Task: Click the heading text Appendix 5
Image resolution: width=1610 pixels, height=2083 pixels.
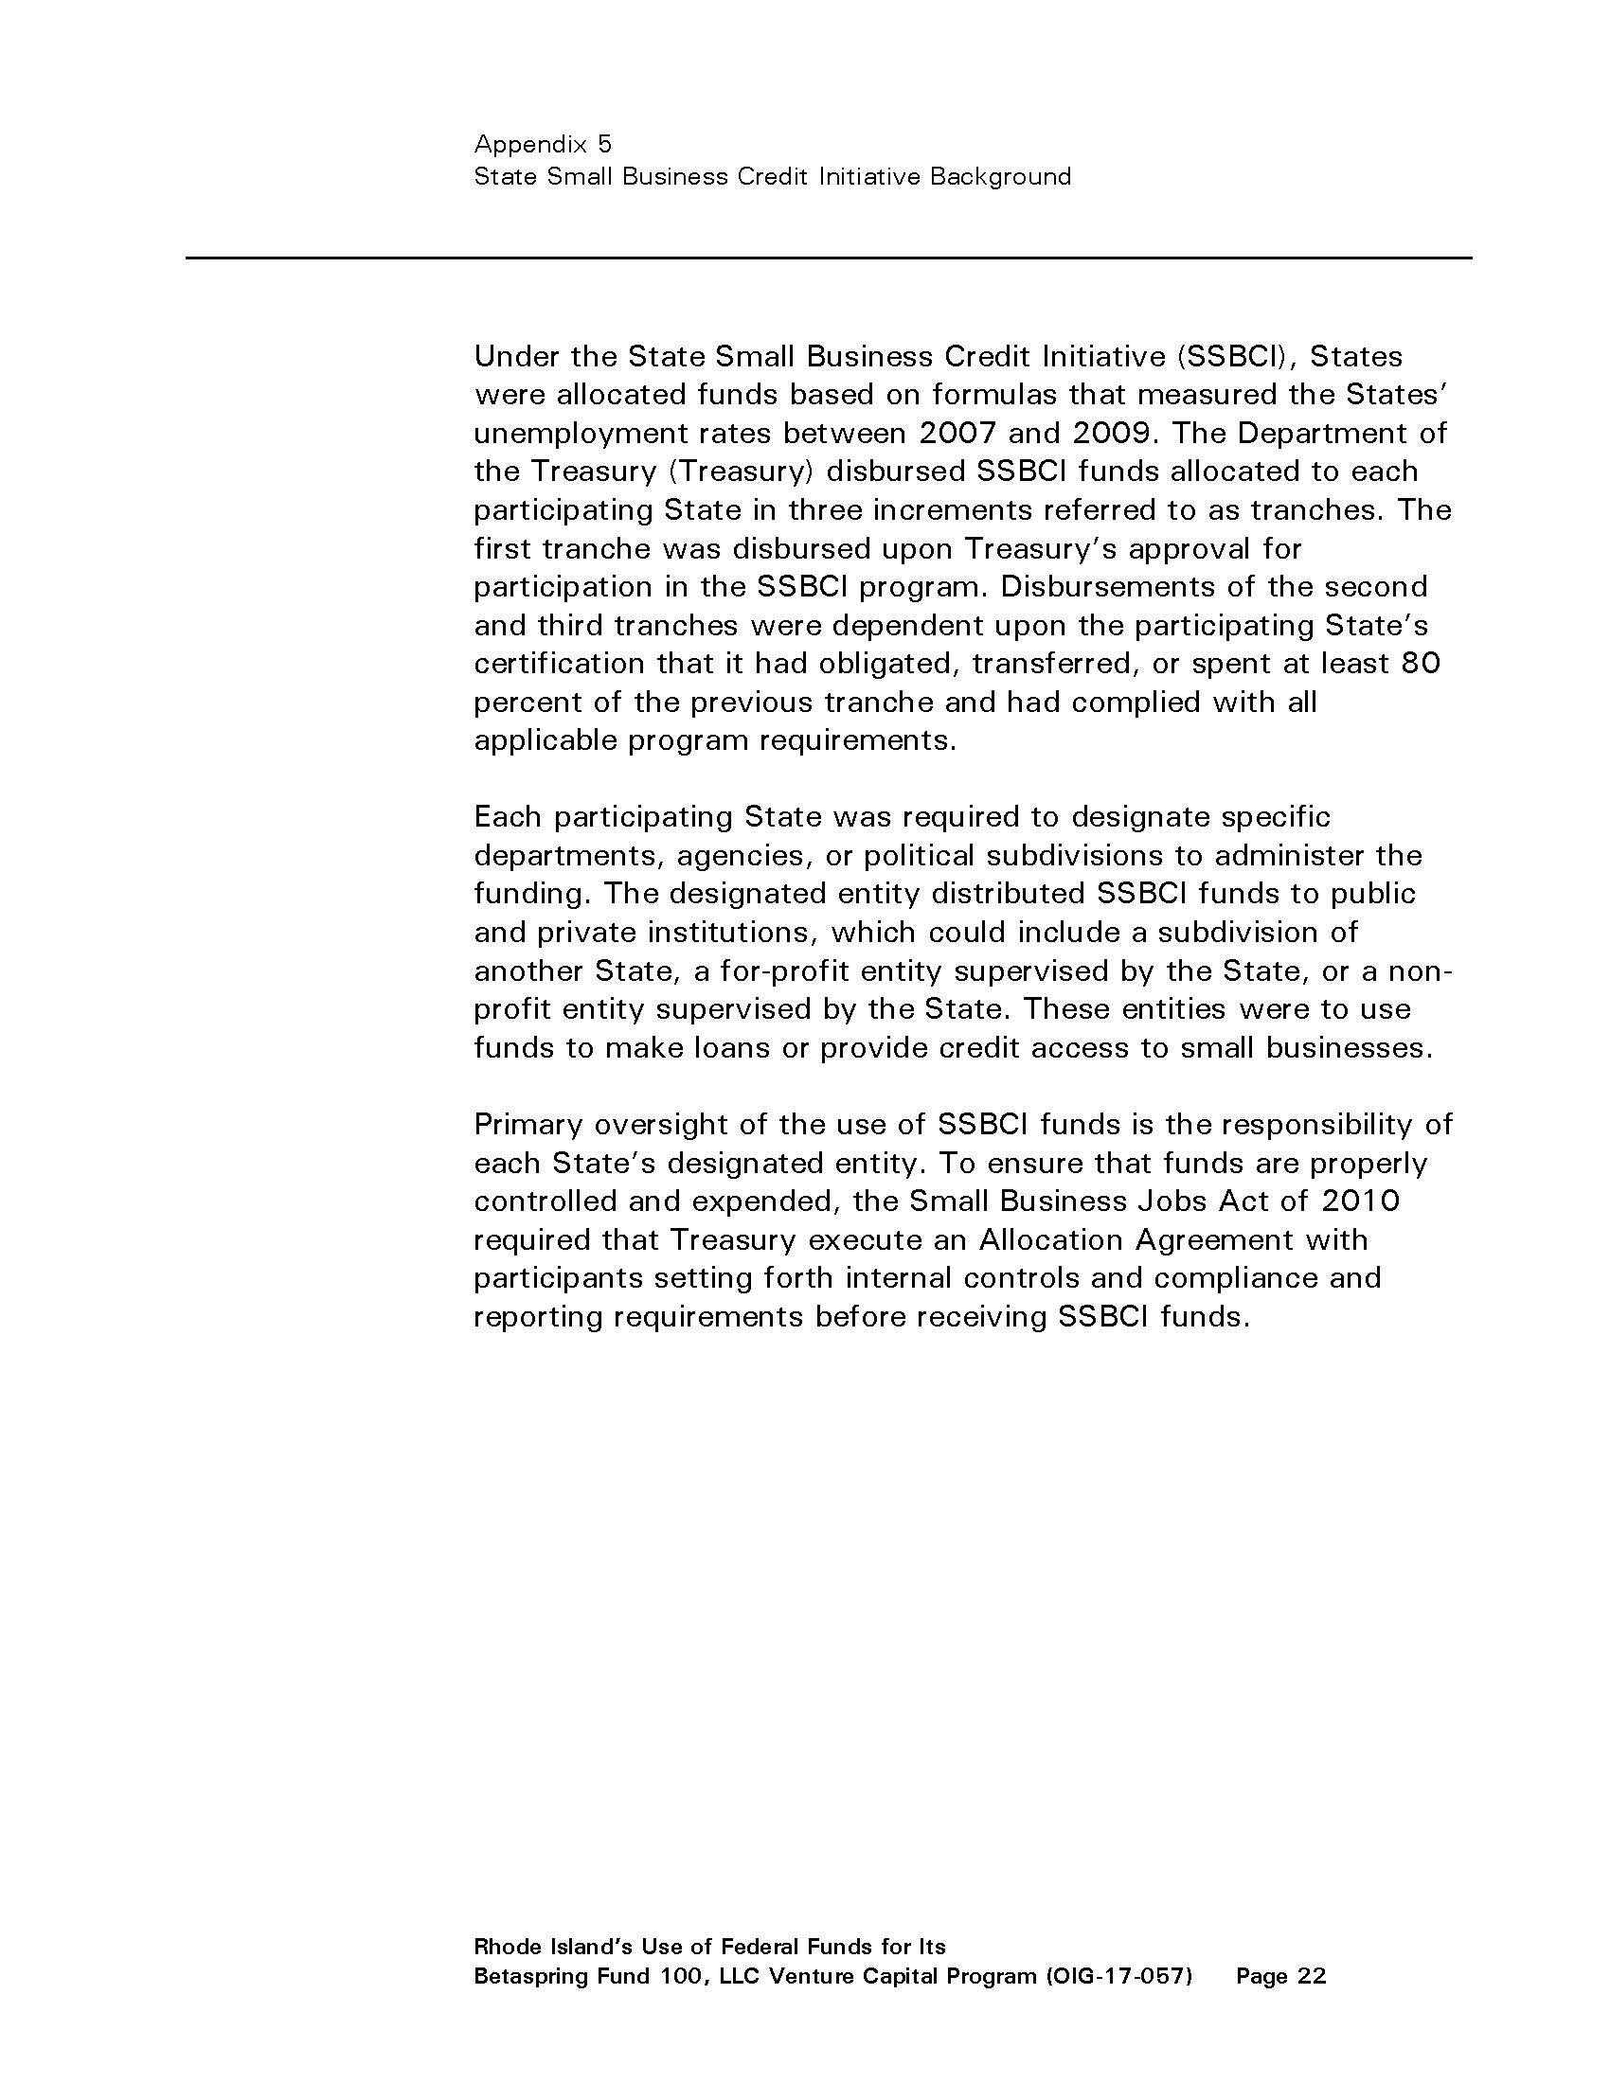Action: (543, 144)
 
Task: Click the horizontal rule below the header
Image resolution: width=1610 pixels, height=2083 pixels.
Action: (828, 258)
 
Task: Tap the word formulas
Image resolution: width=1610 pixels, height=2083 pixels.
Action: (994, 394)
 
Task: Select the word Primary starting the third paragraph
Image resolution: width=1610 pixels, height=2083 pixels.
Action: (528, 1125)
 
